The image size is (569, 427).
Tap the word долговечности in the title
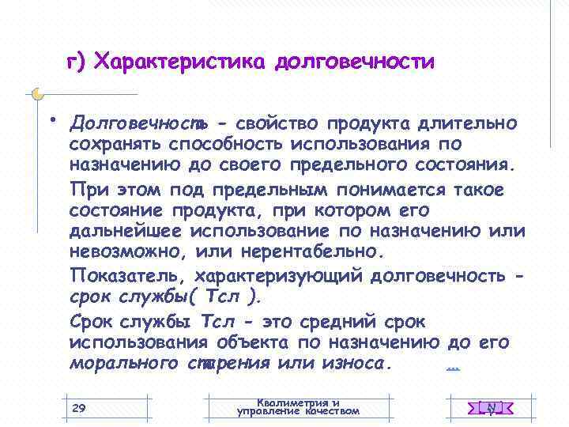pyautogui.click(x=355, y=62)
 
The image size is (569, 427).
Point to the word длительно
pyautogui.click(x=469, y=123)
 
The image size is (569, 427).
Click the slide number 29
pyautogui.click(x=78, y=407)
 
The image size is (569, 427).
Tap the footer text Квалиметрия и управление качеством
pyautogui.click(x=298, y=406)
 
